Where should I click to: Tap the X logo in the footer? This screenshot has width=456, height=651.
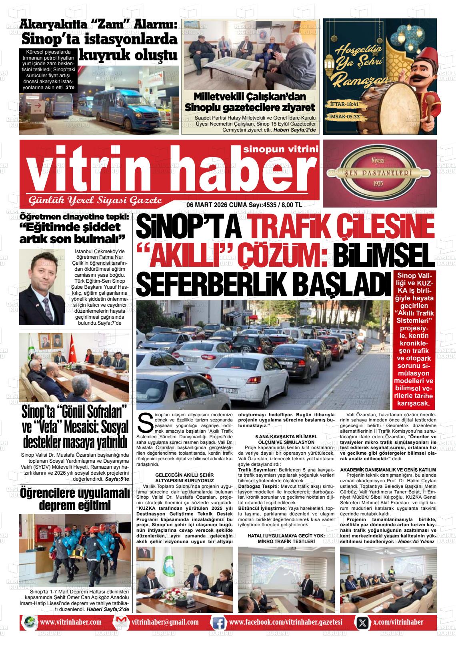(x=362, y=622)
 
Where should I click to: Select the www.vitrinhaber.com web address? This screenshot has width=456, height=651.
(x=70, y=622)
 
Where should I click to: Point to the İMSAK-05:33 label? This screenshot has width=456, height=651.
(x=341, y=117)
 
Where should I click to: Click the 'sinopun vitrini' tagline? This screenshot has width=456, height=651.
(x=280, y=149)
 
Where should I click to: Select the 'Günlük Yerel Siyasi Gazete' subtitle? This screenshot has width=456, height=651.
(x=94, y=200)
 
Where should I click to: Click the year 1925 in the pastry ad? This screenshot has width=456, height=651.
(x=378, y=183)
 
